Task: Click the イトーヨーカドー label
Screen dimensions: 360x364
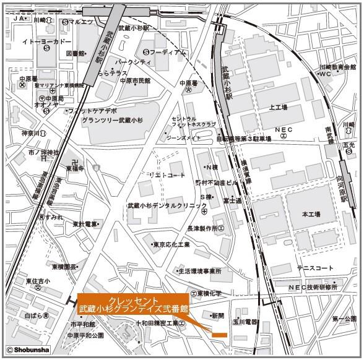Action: point(43,41)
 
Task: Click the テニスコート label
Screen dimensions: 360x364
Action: point(314,268)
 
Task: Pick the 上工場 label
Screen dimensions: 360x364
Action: point(278,107)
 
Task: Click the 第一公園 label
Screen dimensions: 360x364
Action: point(344,319)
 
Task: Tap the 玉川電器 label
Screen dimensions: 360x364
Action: point(245,322)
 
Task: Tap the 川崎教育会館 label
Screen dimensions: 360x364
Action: point(338,67)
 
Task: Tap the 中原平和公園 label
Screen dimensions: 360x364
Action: point(86,336)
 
